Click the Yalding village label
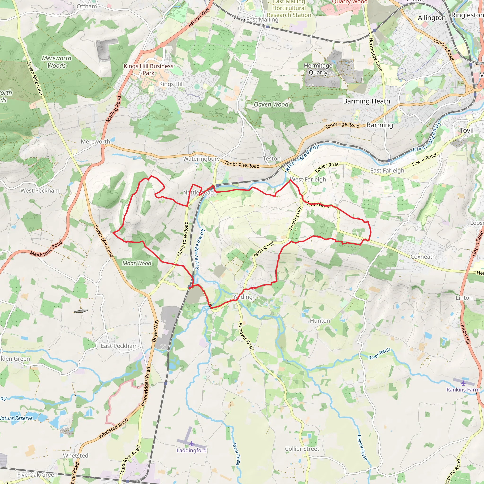coord(242,297)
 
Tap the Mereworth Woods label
coord(57,62)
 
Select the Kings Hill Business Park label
coord(149,69)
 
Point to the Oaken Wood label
coord(271,104)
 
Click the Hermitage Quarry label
coord(318,69)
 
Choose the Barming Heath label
coord(367,101)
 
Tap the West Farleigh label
coord(308,179)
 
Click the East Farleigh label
coord(387,171)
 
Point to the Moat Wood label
coord(137,263)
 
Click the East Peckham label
coord(119,346)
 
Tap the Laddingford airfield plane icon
coord(192,444)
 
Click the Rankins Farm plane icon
coord(463,383)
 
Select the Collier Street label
coord(302,449)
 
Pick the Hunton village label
coord(320,321)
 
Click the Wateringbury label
coord(201,159)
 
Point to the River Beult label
coord(379,354)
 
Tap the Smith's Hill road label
coord(295,218)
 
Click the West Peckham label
coord(40,190)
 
